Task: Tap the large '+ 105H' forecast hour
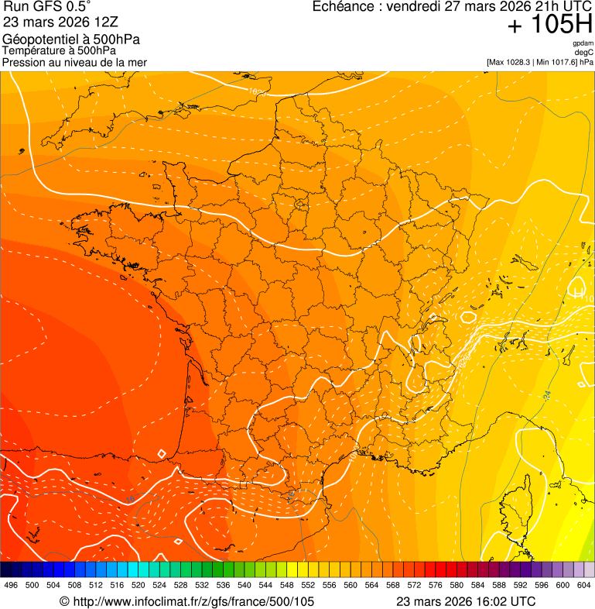tap(549, 25)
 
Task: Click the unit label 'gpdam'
tap(583, 44)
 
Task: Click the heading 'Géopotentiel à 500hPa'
tap(72, 40)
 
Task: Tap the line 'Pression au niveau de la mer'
tap(74, 62)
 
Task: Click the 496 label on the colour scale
tap(11, 585)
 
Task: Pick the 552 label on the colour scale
tap(307, 585)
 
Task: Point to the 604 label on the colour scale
tap(583, 585)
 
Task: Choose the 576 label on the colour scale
tap(435, 585)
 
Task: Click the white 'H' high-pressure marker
tap(578, 293)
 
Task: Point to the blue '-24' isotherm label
tap(546, 396)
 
